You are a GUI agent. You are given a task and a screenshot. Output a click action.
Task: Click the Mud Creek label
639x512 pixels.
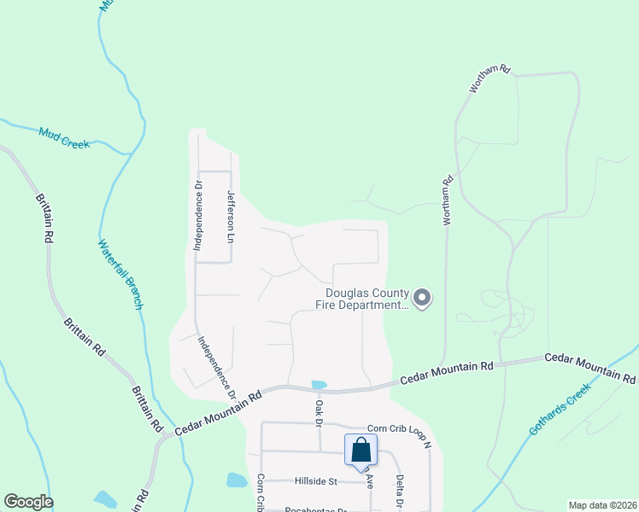pos(64,137)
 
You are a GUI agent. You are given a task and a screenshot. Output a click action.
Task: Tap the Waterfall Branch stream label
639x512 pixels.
pos(119,272)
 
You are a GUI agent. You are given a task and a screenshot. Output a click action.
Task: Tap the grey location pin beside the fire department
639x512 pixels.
pos(421,298)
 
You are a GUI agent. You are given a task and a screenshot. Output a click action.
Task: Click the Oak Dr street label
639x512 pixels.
pos(318,414)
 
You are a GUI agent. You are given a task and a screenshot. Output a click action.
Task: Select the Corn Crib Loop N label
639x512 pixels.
pos(400,428)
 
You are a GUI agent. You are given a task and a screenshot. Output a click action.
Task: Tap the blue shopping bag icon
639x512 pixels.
pos(361,450)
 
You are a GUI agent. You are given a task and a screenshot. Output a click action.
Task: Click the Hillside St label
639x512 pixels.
pos(317,481)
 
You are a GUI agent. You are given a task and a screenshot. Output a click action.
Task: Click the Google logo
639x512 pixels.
pos(28,502)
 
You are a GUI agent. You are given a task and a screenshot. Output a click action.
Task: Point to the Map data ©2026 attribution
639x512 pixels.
pos(601,505)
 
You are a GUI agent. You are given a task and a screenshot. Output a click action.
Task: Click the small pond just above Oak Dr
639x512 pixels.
pos(319,385)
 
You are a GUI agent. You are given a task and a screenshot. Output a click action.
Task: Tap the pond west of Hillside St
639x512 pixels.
pos(237,480)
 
